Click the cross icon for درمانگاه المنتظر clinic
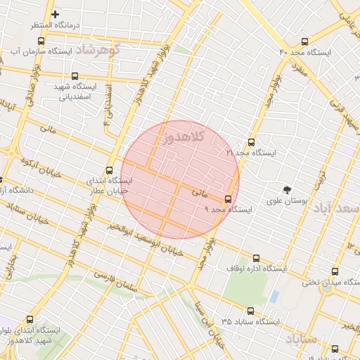56,14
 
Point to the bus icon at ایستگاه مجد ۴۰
304,42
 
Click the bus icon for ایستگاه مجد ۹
228,199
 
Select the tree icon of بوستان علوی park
286,190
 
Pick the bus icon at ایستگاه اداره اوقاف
256,258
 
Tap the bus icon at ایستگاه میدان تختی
333,273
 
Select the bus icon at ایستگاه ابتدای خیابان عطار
109,170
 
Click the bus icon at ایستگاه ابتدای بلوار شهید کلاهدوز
30,319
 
